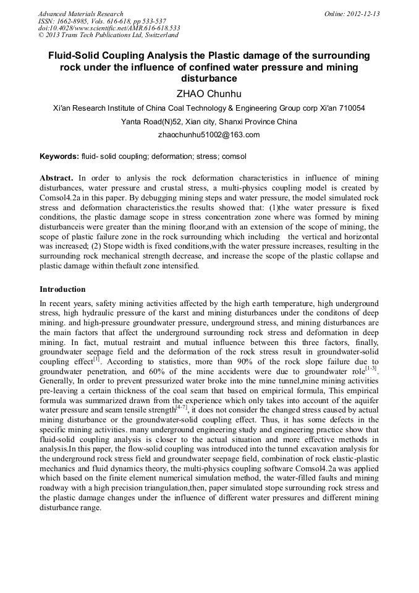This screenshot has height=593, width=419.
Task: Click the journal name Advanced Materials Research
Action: point(80,14)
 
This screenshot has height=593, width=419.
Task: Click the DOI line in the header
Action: point(109,28)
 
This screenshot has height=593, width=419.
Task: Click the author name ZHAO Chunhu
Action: point(209,93)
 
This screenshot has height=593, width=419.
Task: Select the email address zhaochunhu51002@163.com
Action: point(209,134)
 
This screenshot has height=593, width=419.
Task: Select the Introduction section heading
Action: point(62,289)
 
